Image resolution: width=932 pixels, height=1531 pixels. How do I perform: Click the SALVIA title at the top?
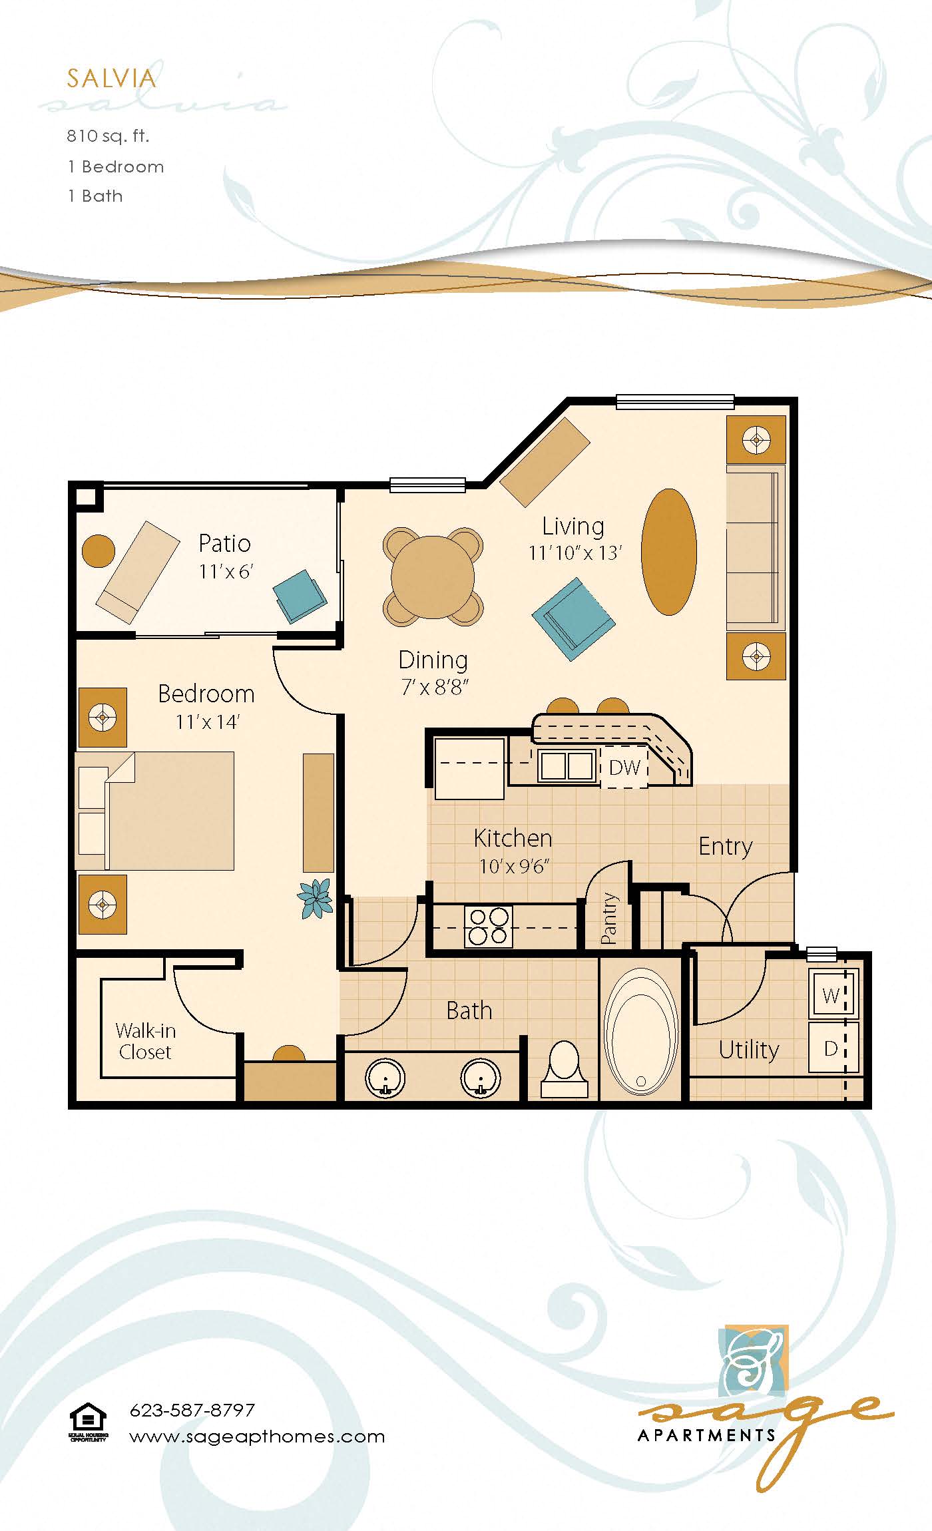click(111, 79)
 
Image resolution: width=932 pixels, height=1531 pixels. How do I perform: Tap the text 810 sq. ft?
click(108, 136)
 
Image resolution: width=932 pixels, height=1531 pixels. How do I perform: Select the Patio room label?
click(224, 544)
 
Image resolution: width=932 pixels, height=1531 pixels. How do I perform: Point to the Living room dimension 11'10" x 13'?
click(575, 553)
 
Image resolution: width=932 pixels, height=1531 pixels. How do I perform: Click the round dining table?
click(433, 577)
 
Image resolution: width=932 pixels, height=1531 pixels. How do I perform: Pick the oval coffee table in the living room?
click(668, 552)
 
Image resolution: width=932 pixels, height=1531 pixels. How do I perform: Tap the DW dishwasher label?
click(624, 767)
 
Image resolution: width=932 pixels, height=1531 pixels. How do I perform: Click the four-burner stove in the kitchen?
click(489, 927)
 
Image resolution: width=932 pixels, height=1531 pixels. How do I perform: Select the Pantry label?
click(609, 919)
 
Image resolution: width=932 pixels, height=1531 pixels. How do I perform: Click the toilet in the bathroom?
click(565, 1068)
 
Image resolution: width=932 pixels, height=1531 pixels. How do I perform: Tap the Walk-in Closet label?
click(145, 1042)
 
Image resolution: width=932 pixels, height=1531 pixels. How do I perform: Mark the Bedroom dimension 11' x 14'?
click(207, 722)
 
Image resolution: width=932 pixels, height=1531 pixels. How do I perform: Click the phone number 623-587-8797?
click(192, 1411)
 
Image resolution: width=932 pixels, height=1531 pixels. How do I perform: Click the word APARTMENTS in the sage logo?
click(706, 1436)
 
